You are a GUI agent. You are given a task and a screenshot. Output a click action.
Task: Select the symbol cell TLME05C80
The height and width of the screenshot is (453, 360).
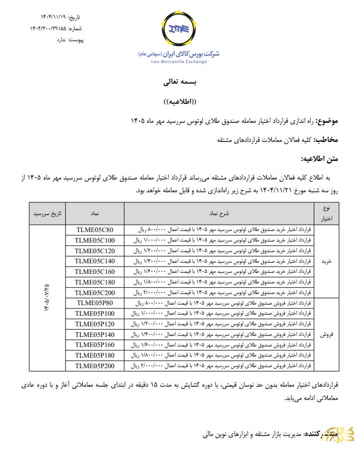tap(95, 229)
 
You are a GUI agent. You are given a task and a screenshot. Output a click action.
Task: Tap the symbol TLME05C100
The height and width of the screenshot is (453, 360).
tap(95, 240)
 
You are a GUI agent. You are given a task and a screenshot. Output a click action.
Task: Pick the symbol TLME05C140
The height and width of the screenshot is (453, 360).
tap(95, 261)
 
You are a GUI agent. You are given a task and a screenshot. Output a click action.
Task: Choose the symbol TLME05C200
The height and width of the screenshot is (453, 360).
tap(95, 292)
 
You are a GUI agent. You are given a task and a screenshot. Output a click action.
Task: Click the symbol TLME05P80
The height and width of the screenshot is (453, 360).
tap(95, 303)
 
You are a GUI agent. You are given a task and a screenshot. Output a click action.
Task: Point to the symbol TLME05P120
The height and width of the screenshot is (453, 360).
tap(95, 324)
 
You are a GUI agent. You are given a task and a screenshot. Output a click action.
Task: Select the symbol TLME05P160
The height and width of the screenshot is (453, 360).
tap(95, 344)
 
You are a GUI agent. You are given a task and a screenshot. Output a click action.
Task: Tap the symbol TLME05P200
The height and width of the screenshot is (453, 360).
tap(95, 366)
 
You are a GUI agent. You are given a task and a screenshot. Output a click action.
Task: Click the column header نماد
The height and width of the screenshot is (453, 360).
tap(95, 213)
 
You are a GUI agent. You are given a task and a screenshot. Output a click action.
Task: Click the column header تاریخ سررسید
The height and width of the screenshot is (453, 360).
tap(48, 213)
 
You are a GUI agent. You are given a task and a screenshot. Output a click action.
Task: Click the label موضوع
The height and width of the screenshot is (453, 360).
tap(327, 121)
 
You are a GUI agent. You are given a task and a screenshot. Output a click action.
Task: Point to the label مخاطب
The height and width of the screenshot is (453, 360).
tap(326, 140)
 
